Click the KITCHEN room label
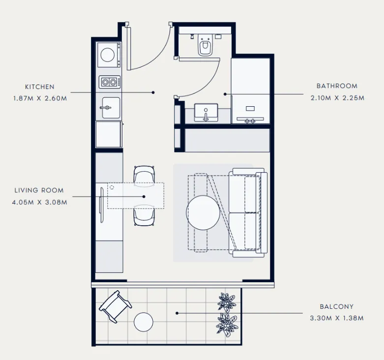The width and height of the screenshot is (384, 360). (40, 87)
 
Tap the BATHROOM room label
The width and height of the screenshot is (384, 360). (337, 86)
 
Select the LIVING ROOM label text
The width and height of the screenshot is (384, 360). (39, 190)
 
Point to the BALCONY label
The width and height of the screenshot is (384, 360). (336, 306)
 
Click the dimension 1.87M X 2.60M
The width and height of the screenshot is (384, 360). (40, 98)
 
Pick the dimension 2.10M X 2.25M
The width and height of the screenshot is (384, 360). (337, 98)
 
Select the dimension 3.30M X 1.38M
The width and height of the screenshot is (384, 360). (336, 318)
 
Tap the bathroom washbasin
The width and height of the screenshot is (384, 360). (206, 112)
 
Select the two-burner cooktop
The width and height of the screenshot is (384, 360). (110, 82)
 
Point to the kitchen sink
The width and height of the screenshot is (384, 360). (109, 108)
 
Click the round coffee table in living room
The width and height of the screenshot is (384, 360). (203, 213)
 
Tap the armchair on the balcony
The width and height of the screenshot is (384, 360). (115, 306)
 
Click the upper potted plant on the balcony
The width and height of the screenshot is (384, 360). (227, 301)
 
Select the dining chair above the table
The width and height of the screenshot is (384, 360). (145, 175)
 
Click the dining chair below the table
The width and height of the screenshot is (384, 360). (144, 216)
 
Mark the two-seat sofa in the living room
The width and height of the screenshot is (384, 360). (249, 212)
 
